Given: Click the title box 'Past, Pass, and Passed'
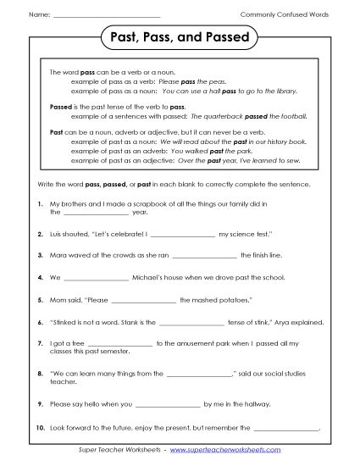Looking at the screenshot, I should click(x=180, y=38).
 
